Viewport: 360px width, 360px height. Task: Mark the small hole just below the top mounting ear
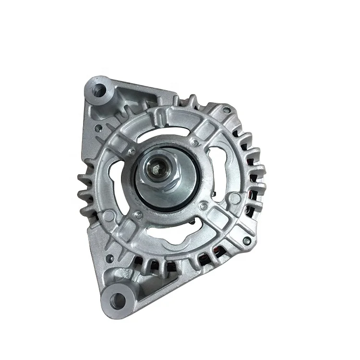pos(98,128)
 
